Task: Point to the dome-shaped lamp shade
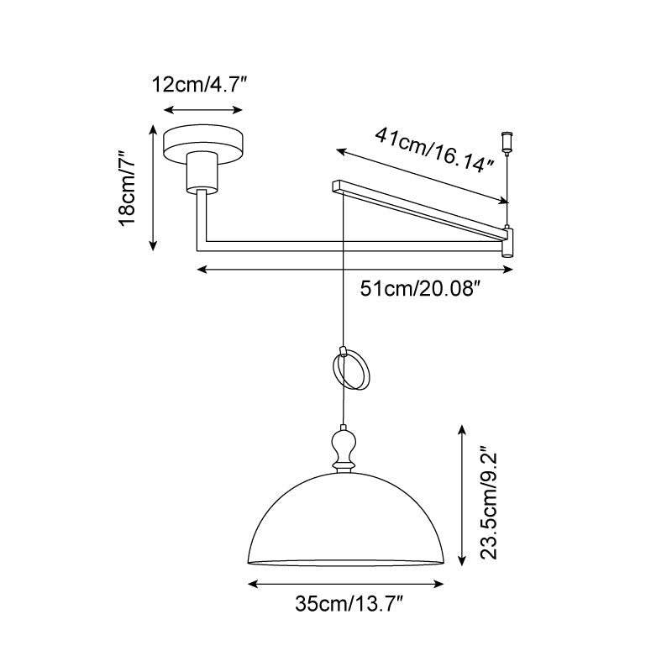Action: pyautogui.click(x=344, y=521)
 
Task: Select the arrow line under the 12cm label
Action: pyautogui.click(x=202, y=110)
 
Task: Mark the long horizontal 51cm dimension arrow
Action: pyautogui.click(x=354, y=270)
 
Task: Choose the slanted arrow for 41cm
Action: pyautogui.click(x=423, y=176)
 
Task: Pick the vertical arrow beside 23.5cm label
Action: pyautogui.click(x=460, y=496)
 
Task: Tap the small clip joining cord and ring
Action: pyautogui.click(x=343, y=349)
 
